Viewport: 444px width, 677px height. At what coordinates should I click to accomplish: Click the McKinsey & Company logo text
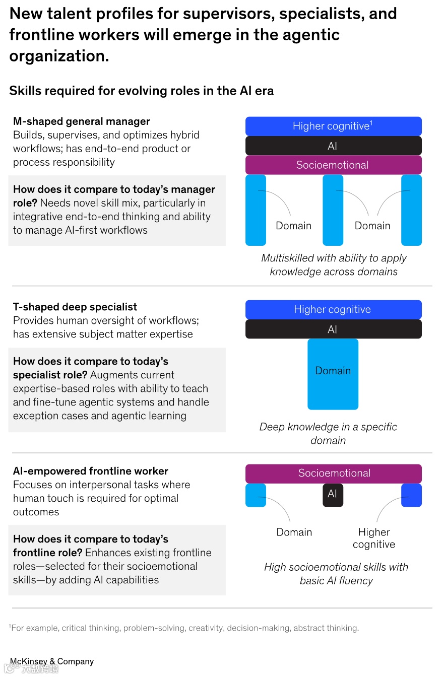(52, 661)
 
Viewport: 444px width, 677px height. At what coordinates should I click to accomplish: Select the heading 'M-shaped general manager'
(82, 121)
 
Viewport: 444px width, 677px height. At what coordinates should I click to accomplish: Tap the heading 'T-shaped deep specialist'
(75, 307)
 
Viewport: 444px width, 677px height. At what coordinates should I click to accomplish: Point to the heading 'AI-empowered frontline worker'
(91, 471)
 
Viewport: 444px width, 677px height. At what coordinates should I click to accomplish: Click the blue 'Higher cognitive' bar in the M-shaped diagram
(333, 126)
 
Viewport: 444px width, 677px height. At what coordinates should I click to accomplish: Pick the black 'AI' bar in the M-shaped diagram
(333, 146)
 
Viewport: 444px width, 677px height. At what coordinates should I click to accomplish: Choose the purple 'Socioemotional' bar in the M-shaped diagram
(333, 165)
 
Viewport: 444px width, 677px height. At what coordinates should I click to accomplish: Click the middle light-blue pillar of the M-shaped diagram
(333, 210)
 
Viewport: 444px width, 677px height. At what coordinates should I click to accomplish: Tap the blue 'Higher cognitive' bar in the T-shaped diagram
(333, 309)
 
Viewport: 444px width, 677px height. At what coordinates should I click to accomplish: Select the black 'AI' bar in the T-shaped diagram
(333, 329)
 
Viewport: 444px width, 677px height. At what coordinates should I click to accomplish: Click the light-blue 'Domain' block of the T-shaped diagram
(333, 374)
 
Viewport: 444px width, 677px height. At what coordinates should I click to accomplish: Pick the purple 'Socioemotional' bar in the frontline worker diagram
(333, 473)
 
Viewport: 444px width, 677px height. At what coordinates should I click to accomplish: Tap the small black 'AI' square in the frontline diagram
(333, 495)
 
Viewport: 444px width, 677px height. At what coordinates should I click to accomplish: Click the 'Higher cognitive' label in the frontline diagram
(374, 538)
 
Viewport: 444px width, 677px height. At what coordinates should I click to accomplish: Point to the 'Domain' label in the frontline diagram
(294, 532)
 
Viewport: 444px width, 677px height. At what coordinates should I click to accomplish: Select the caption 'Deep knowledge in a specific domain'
(328, 433)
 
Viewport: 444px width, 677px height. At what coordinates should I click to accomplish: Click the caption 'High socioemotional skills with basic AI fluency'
(336, 574)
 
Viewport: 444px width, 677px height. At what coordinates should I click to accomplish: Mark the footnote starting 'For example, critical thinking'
(184, 628)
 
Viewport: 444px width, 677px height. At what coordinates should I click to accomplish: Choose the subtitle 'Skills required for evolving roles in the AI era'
(142, 91)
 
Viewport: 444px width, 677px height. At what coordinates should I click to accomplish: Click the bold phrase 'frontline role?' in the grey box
(47, 553)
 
